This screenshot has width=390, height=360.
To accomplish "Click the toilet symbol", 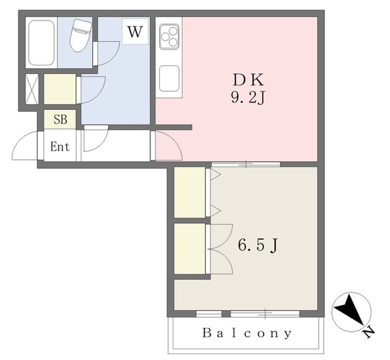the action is (x=80, y=35).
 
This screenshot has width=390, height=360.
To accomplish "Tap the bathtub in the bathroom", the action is (x=41, y=43).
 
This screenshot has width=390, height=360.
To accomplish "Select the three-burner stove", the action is (x=170, y=36).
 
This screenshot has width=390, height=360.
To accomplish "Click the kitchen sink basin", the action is (x=169, y=78).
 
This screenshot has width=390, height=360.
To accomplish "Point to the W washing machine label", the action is (x=135, y=31).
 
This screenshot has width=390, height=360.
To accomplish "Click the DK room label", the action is (x=248, y=80).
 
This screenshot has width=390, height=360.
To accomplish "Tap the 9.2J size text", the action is (x=248, y=98).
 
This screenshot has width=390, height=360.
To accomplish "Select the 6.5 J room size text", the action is (x=258, y=245).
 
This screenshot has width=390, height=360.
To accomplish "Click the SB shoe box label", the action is (x=60, y=120).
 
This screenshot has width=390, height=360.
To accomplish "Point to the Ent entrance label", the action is (x=60, y=147).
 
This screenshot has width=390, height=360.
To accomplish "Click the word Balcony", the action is (x=247, y=333).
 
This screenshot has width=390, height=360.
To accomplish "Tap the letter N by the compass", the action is (x=369, y=332).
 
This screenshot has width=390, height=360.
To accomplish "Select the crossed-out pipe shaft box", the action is (x=32, y=89).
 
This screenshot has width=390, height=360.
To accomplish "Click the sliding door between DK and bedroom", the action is (x=246, y=165).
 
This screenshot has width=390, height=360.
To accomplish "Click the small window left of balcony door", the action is (x=209, y=314).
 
